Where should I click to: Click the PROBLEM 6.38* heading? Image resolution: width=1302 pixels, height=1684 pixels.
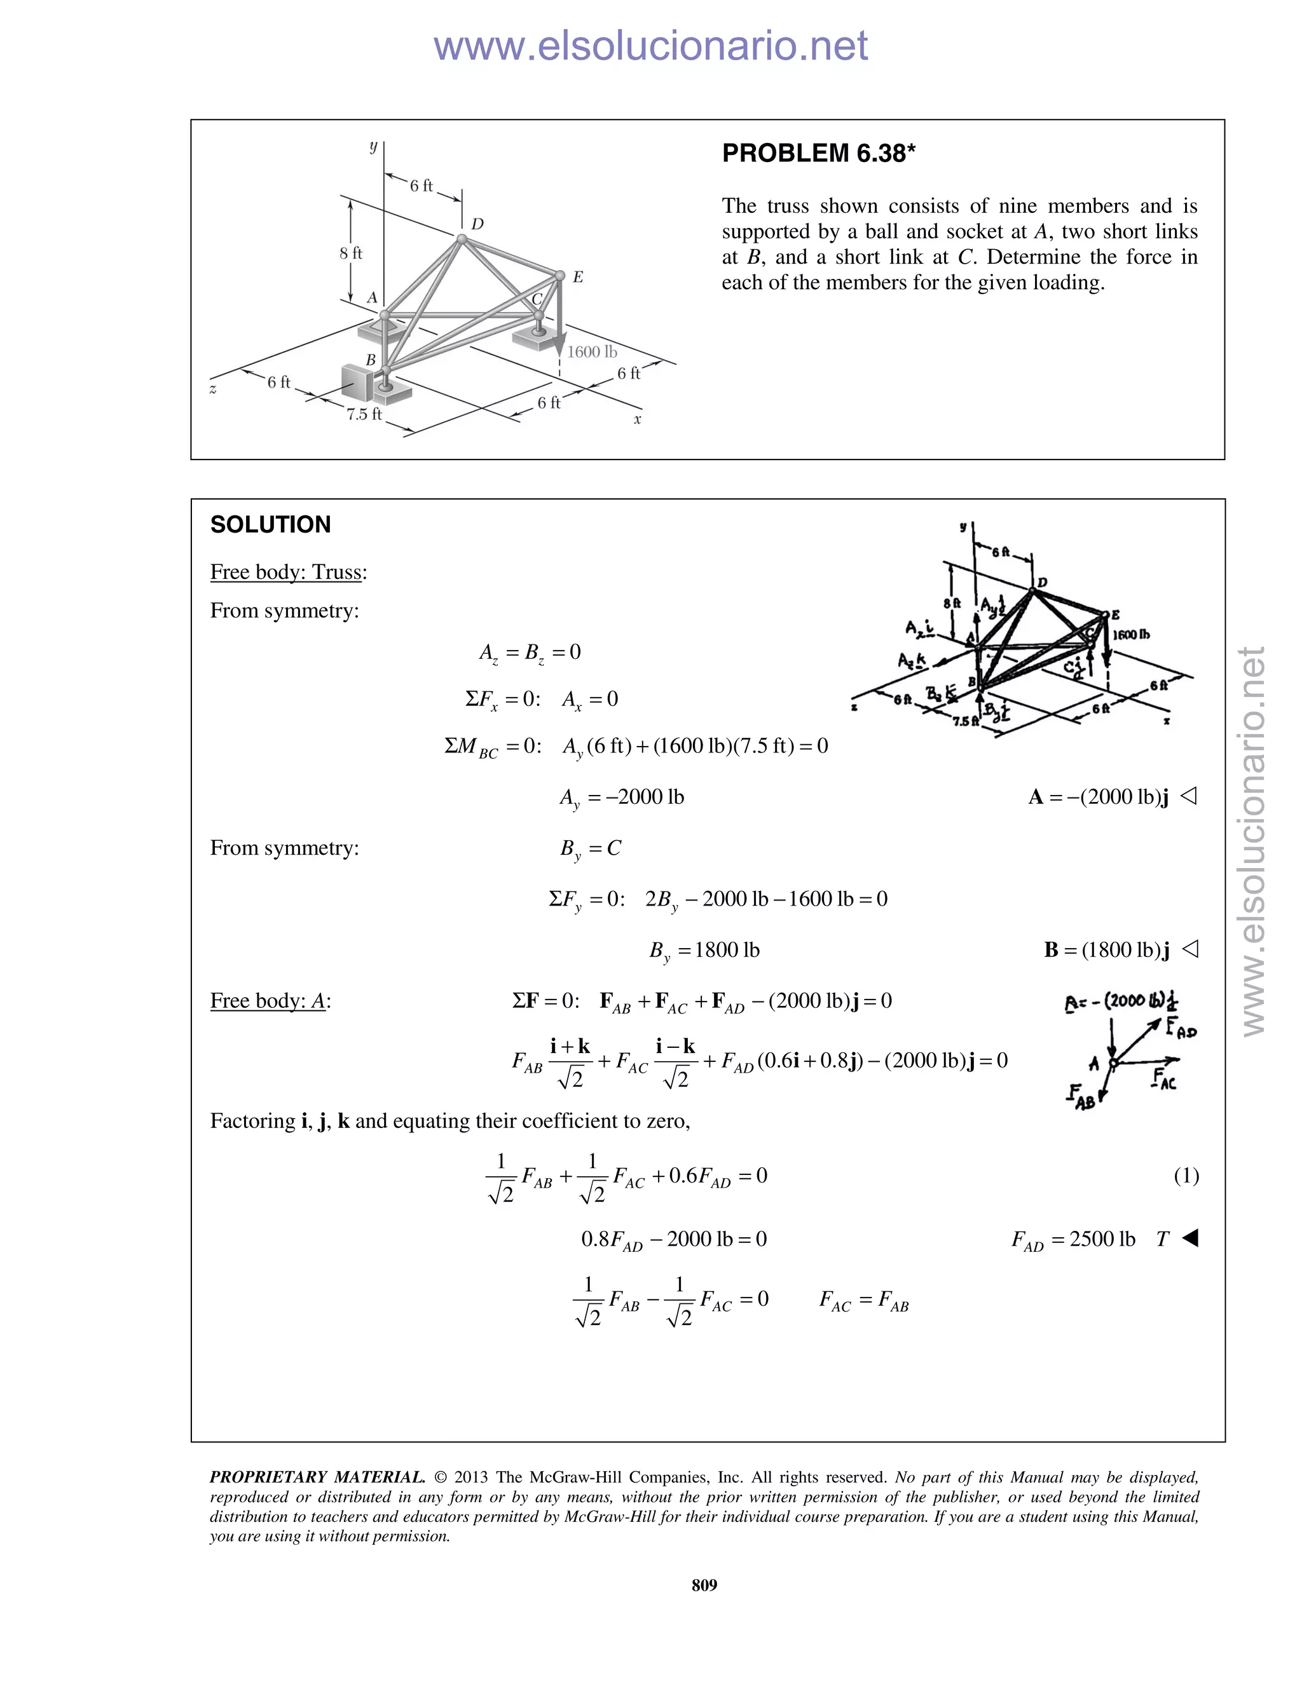pyautogui.click(x=818, y=153)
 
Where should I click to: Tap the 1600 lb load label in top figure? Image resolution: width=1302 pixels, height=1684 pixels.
pyautogui.click(x=592, y=351)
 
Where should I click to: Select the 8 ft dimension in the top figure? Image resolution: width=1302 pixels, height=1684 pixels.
pyautogui.click(x=351, y=253)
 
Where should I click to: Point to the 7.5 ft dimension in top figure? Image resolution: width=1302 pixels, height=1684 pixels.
pyautogui.click(x=364, y=414)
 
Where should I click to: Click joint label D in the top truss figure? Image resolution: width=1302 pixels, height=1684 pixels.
pyautogui.click(x=477, y=224)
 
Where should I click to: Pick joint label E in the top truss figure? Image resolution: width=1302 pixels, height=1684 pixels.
pyautogui.click(x=578, y=277)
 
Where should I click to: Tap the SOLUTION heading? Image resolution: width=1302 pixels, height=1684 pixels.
pyautogui.click(x=270, y=524)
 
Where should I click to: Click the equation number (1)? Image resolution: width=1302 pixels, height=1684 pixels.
pyautogui.click(x=1186, y=1175)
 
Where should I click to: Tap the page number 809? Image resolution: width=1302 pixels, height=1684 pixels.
pyautogui.click(x=704, y=1584)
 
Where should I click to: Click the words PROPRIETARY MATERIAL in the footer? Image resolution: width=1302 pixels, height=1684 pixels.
pyautogui.click(x=317, y=1477)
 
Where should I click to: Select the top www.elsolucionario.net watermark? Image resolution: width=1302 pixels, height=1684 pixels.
pyautogui.click(x=650, y=46)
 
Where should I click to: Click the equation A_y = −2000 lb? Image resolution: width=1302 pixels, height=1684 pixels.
pyautogui.click(x=622, y=798)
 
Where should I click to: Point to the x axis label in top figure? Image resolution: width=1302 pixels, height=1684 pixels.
pyautogui.click(x=637, y=419)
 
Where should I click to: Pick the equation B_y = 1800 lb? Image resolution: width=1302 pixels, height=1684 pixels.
pyautogui.click(x=704, y=950)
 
